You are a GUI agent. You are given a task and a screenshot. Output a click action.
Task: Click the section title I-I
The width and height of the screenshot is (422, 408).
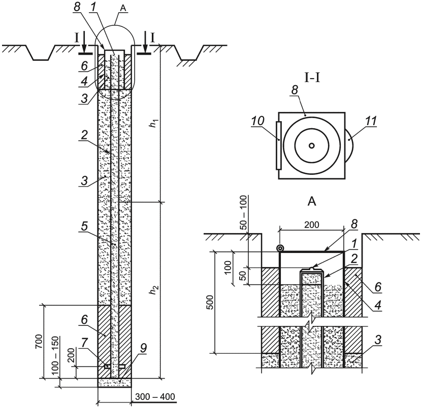coord(312,78)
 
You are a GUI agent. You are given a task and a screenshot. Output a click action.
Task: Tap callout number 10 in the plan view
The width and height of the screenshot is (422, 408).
coord(258,121)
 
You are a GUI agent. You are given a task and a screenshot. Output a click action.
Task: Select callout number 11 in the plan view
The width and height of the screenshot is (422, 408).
coord(371,122)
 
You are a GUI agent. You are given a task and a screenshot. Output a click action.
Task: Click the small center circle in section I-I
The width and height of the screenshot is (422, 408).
coord(312,145)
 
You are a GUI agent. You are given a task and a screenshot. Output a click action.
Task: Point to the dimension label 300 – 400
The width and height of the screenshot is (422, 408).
coord(155,396)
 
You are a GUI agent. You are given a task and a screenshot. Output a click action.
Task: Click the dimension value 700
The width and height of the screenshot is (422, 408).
coord(39,342)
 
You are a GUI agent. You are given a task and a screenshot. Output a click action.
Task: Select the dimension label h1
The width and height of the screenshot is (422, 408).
coord(153,124)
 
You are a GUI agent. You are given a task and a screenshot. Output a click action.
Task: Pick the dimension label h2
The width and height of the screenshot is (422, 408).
coord(153,290)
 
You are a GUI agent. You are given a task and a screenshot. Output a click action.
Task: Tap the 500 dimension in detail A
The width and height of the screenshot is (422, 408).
coord(211,302)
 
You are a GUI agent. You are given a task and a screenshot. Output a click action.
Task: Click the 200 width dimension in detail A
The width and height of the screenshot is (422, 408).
coord(312,225)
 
